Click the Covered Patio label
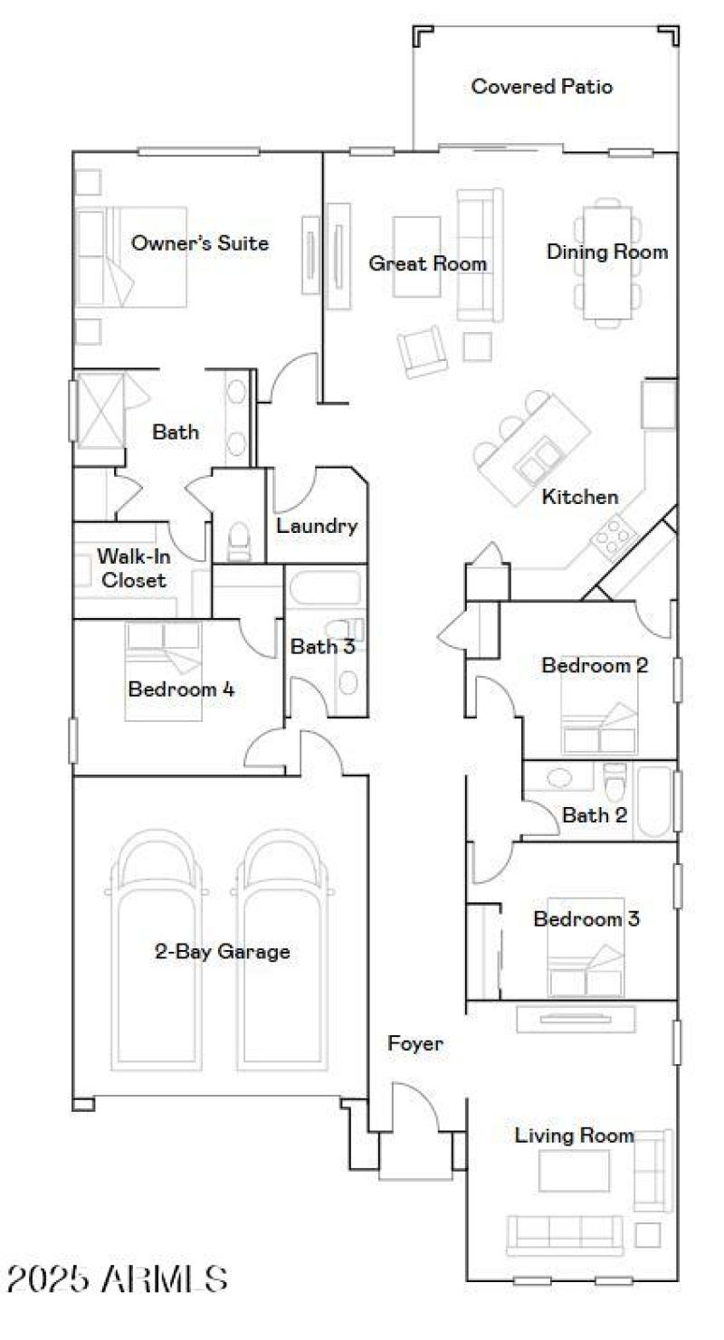coord(542,87)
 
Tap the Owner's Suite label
coord(200,242)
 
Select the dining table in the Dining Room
coord(607,262)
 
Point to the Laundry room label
coord(317,526)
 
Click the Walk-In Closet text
coord(134,568)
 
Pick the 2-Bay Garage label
coord(222,952)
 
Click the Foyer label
coord(415,1043)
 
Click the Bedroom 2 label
coord(595,666)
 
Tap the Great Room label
coord(427,263)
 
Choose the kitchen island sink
coord(538,460)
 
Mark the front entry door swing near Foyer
coord(412,1108)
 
